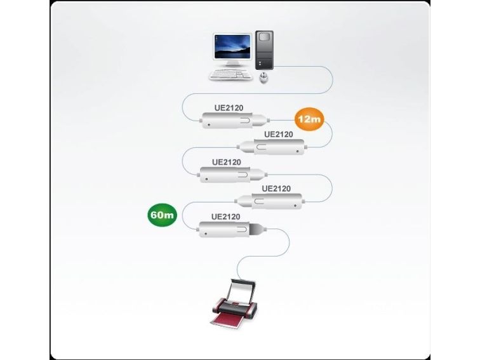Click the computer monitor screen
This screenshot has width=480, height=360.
point(232,46)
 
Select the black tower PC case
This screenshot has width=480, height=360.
point(264,50)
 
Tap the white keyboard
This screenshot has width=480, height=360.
point(230,75)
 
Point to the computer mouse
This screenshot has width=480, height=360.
point(263,77)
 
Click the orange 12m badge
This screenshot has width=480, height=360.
point(309,119)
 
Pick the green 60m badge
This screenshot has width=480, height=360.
point(163,215)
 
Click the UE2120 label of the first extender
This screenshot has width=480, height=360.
point(229,108)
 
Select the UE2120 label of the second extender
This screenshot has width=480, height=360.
point(278,135)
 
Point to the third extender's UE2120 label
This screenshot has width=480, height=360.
point(227,163)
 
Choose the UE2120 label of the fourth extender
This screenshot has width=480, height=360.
point(276,189)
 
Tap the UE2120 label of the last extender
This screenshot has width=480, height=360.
point(225,217)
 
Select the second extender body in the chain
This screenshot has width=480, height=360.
point(272,147)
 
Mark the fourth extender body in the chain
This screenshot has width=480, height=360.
point(270,201)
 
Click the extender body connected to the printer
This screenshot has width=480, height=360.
point(231,229)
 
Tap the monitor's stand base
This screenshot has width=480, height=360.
point(232,63)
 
